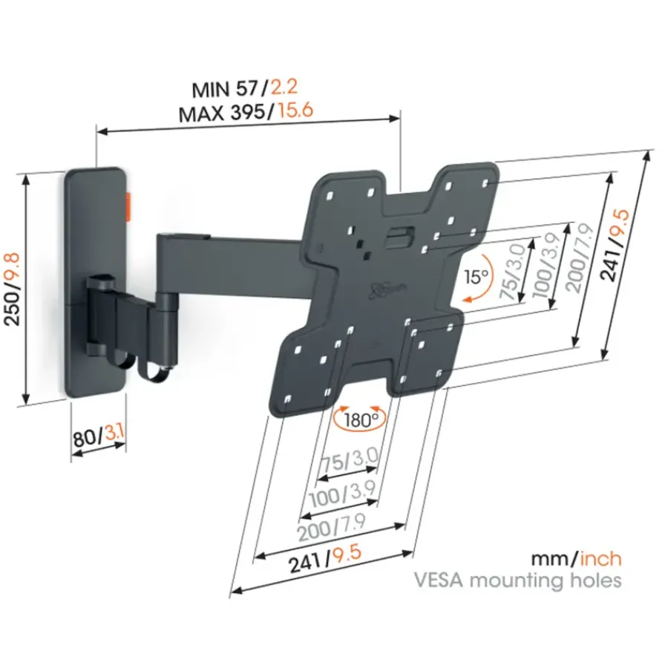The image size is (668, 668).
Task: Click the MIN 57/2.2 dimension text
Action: (245, 88)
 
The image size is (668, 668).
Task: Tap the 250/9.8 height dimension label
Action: (12, 289)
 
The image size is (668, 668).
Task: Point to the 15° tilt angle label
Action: (476, 277)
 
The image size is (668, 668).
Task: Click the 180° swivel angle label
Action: (361, 420)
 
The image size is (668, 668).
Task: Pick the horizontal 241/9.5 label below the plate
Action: (325, 559)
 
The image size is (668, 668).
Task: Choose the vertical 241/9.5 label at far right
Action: (615, 244)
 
